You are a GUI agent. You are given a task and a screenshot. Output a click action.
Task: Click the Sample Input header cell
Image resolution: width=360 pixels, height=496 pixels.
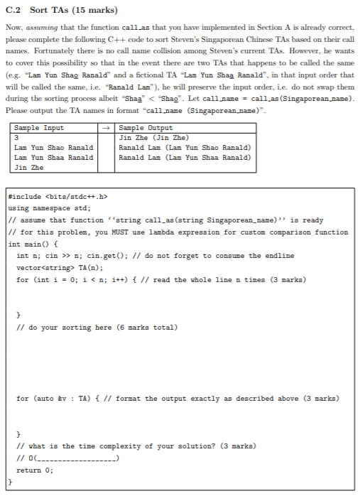coord(38,128)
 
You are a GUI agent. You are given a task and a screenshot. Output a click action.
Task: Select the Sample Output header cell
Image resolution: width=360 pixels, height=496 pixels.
coord(143,128)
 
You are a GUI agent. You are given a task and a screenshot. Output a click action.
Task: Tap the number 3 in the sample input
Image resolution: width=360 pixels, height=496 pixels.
coord(16,137)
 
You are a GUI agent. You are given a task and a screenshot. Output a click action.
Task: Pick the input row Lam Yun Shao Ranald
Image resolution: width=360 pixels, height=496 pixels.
coord(53,147)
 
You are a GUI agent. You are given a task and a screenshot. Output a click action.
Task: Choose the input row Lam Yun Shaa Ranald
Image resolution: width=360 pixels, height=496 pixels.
coord(53,157)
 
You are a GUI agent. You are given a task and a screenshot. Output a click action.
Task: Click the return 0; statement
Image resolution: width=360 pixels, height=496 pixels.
coord(33,470)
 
